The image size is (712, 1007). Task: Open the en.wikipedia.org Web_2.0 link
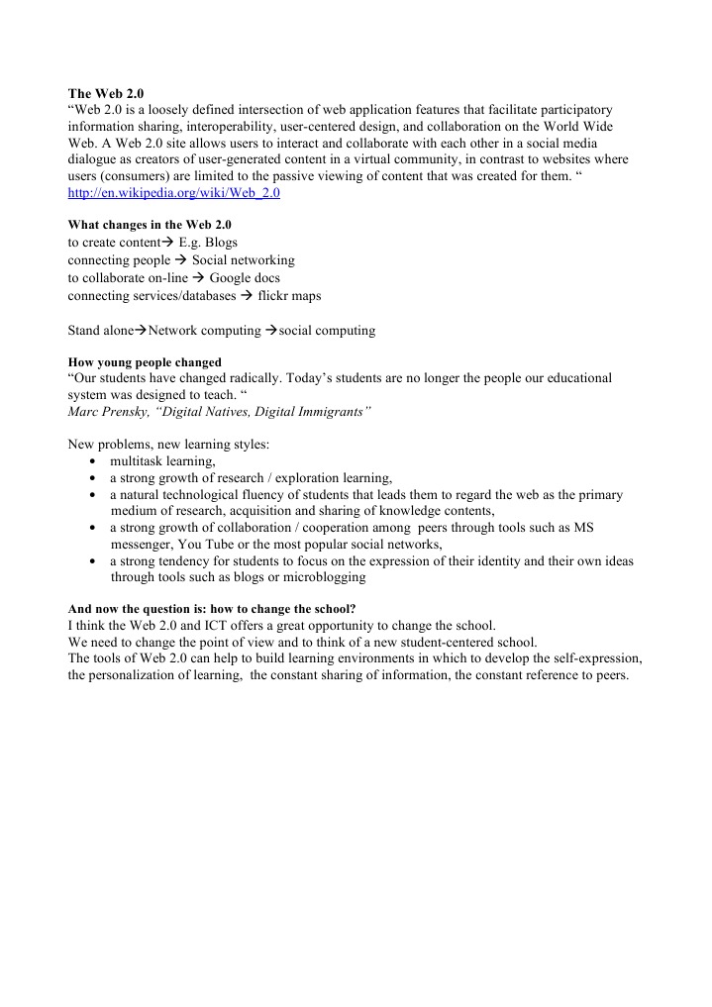click(x=173, y=193)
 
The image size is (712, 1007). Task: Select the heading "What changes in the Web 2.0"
click(x=149, y=225)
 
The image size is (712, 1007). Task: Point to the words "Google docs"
click(x=245, y=278)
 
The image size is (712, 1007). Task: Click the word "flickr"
click(x=274, y=296)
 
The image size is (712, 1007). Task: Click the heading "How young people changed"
click(x=144, y=362)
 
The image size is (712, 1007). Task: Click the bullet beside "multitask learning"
click(x=92, y=461)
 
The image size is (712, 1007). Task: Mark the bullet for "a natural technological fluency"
click(x=92, y=495)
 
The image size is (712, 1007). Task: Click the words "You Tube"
click(x=208, y=545)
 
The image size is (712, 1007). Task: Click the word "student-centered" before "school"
click(x=449, y=643)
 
